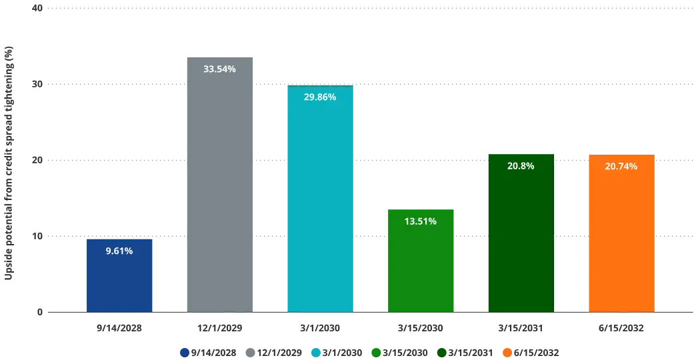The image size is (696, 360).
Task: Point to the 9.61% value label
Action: pos(120,251)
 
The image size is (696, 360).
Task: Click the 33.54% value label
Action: pos(221,69)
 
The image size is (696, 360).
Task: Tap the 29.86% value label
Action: pos(320,97)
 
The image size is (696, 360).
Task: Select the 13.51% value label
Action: pos(421,221)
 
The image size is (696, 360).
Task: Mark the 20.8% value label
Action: pos(521,166)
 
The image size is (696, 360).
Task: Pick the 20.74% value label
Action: pos(621,166)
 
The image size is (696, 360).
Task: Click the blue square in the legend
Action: pos(183,351)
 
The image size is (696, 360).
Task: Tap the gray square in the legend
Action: pos(251,351)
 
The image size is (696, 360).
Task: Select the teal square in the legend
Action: pos(315,351)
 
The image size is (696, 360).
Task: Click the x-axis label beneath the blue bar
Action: pos(120,328)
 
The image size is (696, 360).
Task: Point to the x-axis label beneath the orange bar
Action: pos(621,328)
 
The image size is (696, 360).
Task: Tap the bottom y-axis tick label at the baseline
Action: pos(39,312)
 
